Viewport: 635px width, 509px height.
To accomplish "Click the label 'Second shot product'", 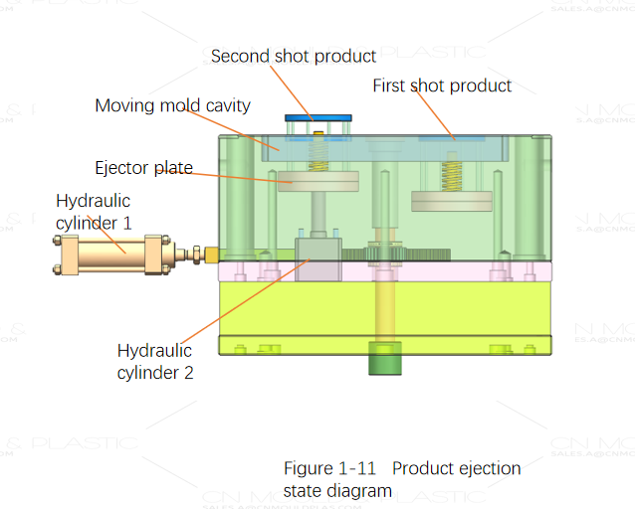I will click(x=293, y=56).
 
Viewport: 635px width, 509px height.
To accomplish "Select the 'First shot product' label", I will click(x=442, y=85).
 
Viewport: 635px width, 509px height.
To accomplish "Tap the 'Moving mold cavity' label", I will click(x=172, y=105).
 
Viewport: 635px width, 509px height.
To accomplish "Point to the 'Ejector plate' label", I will click(x=143, y=167).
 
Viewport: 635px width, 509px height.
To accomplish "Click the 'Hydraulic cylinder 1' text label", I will click(x=94, y=212).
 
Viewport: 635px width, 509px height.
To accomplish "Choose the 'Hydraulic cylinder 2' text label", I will click(x=154, y=362).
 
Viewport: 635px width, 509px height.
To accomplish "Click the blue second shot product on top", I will click(x=318, y=117).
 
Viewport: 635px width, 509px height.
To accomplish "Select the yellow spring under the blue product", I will click(x=318, y=153).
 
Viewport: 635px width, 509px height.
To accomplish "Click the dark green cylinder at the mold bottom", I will click(x=385, y=359).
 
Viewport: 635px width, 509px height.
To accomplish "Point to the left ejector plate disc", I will click(x=318, y=181).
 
